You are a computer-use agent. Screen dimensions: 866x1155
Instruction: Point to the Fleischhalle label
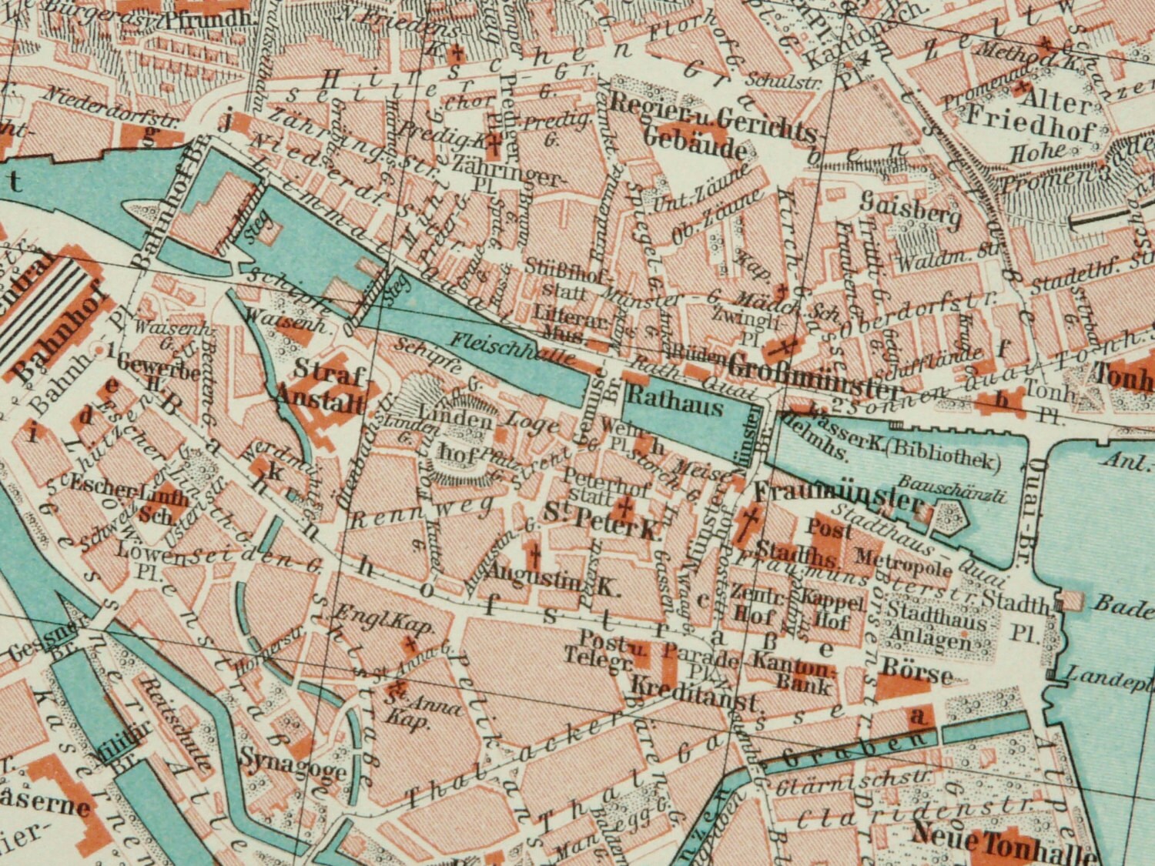pyautogui.click(x=512, y=348)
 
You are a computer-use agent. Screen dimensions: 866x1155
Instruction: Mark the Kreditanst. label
pyautogui.click(x=695, y=687)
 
